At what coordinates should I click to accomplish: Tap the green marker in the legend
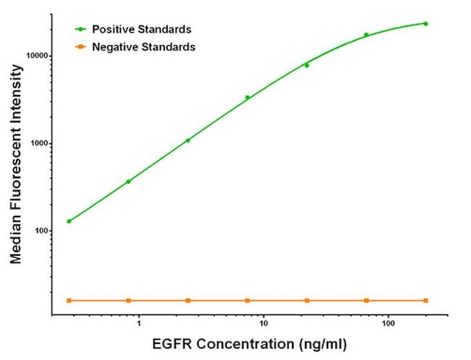(x=80, y=30)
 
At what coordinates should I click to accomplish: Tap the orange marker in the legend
(x=80, y=47)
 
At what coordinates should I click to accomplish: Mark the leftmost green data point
(x=69, y=221)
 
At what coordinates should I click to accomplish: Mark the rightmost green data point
(x=425, y=24)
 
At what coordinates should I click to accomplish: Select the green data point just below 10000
(x=307, y=65)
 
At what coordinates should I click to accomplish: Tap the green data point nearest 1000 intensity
(x=188, y=141)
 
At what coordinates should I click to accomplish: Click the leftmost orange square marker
(x=69, y=300)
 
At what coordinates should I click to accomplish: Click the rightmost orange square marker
(x=425, y=300)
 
